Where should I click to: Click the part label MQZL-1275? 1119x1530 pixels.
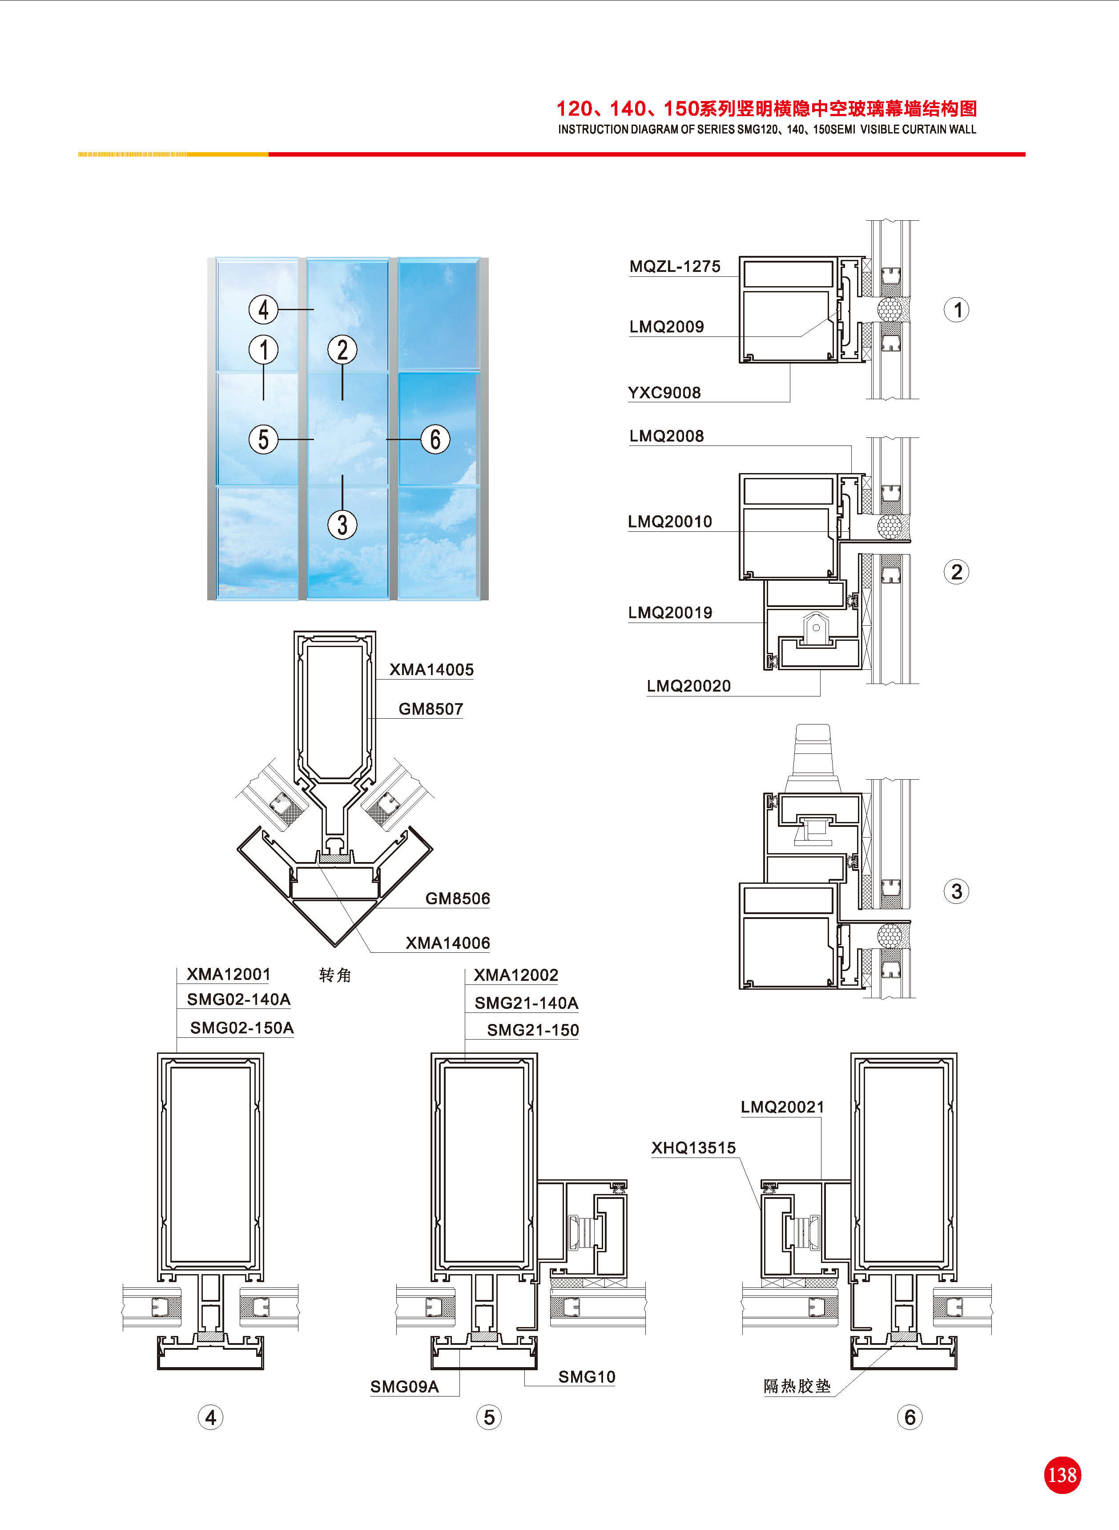(x=675, y=266)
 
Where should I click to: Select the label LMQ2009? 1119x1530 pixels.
(x=667, y=327)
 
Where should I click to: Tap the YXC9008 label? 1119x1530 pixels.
(x=664, y=393)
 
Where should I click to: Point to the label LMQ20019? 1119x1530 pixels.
(x=670, y=612)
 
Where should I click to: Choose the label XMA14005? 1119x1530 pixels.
(x=431, y=669)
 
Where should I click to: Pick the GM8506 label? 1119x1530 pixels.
(x=457, y=899)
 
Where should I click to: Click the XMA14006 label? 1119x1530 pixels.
(x=448, y=943)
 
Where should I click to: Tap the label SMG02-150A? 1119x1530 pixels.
(x=242, y=1028)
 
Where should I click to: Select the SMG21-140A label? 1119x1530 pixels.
(x=526, y=1003)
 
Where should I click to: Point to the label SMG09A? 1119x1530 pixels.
(x=404, y=1386)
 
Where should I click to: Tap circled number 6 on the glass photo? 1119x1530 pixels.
(x=435, y=439)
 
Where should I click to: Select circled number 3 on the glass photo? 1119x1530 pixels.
(x=342, y=524)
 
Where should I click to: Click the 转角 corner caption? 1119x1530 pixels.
(x=335, y=975)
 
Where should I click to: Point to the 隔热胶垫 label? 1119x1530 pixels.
(x=797, y=1386)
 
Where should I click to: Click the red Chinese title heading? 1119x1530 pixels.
(x=767, y=109)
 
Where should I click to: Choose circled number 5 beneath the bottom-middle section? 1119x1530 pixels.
(x=489, y=1417)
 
